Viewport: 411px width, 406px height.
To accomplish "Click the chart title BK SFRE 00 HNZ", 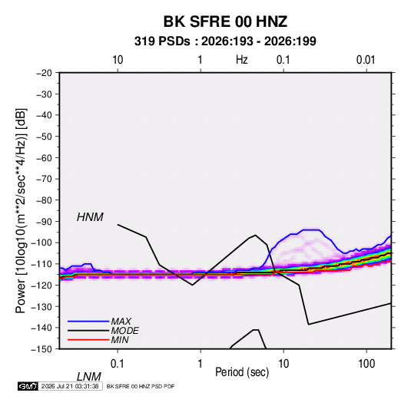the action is click(225, 21).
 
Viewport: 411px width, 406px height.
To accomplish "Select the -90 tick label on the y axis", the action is click(44, 221).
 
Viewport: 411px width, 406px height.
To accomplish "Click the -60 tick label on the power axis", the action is click(44, 157).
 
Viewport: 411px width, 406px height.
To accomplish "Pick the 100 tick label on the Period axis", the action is click(366, 364).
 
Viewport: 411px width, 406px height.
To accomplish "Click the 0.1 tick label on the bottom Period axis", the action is click(118, 364).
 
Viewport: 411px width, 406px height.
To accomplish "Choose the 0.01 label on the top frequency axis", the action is click(366, 60).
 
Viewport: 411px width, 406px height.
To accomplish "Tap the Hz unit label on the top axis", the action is click(242, 60).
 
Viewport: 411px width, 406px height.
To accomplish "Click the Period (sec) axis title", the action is click(242, 372).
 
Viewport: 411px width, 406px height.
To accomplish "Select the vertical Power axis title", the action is click(21, 210).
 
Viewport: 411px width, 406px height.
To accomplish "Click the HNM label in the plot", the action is click(90, 217).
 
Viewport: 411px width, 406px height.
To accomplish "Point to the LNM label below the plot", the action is click(89, 377).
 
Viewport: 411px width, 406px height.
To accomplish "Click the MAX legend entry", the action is click(121, 322).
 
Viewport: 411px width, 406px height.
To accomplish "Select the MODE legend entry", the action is click(124, 331).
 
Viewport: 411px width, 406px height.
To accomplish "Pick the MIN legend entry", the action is click(120, 340).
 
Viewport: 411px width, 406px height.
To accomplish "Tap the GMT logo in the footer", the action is click(28, 386).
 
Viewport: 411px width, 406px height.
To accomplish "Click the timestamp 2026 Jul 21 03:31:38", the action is click(70, 386).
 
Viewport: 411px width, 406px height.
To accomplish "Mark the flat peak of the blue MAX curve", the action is click(311, 229).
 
